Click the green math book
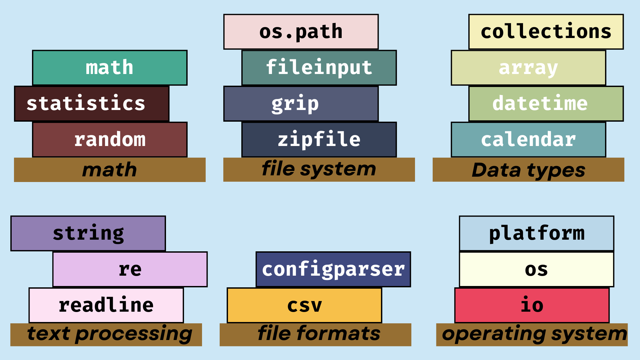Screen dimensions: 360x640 click(110, 68)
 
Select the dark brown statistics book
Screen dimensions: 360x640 click(92, 104)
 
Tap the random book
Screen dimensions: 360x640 click(110, 139)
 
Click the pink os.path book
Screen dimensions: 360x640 click(301, 32)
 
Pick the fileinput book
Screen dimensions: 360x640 click(319, 68)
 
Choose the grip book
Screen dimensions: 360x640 click(301, 104)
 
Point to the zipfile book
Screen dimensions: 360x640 click(319, 139)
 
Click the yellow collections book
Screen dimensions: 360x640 click(546, 32)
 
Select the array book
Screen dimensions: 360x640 click(528, 68)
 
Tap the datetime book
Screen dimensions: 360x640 click(546, 104)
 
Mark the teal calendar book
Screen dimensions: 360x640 click(528, 139)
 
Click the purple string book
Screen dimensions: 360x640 click(88, 233)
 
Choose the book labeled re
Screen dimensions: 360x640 click(130, 269)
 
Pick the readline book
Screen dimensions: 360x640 click(106, 305)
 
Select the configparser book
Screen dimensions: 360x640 click(333, 269)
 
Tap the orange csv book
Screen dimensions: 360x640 click(304, 305)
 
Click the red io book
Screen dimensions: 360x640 click(532, 305)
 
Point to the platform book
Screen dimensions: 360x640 click(536, 233)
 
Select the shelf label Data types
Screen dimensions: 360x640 click(528, 170)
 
